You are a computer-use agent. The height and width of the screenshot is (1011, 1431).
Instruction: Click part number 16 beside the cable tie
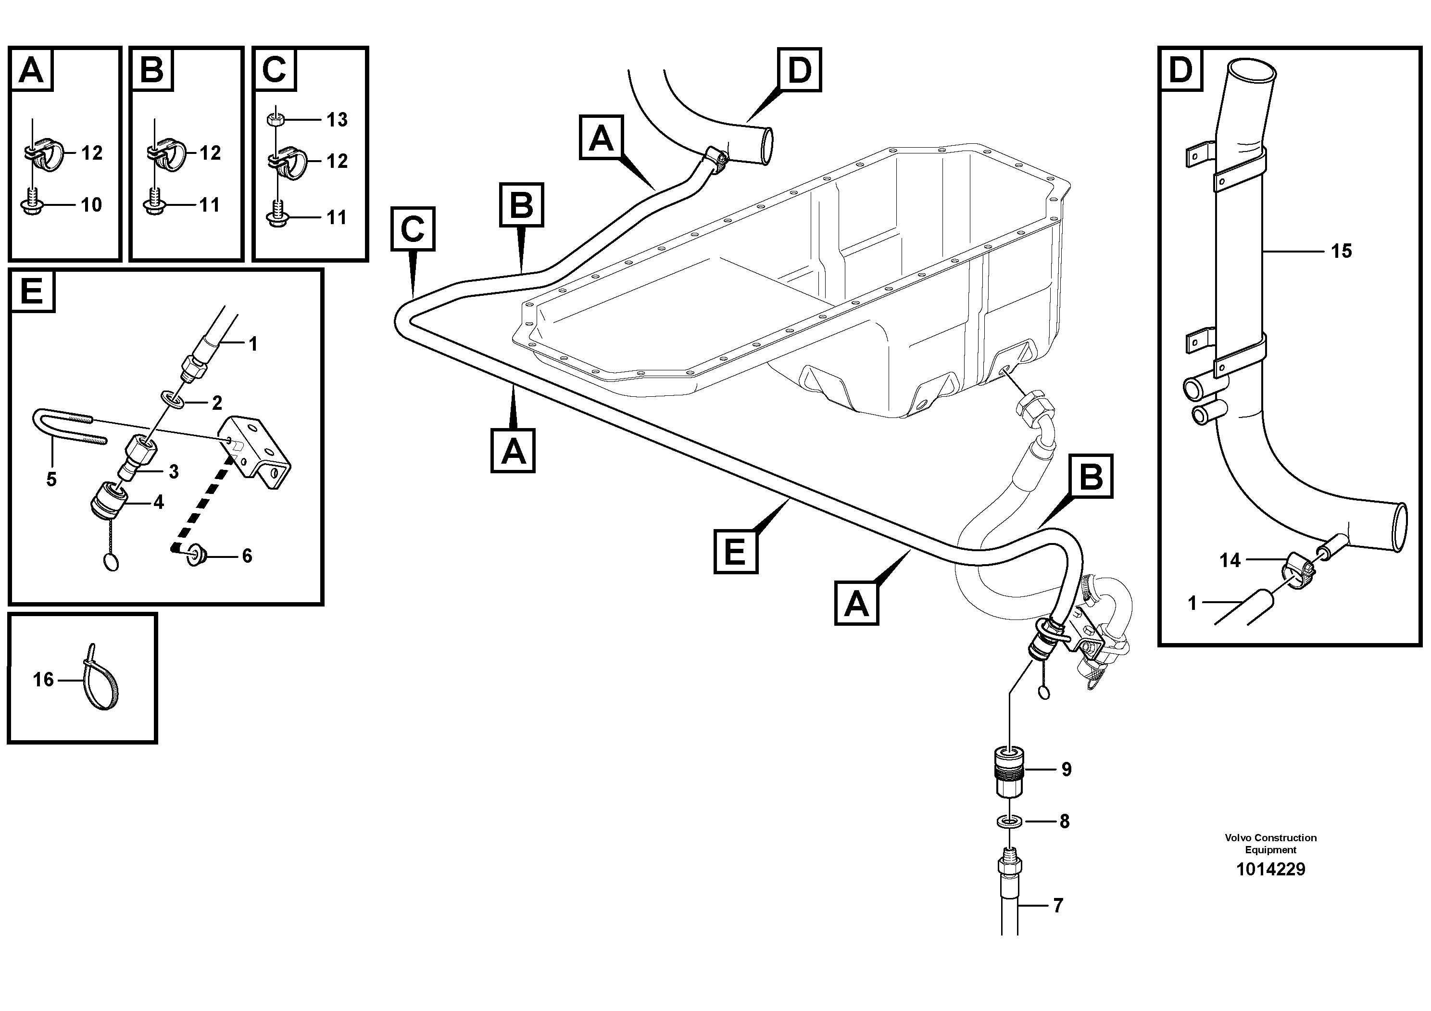click(x=43, y=680)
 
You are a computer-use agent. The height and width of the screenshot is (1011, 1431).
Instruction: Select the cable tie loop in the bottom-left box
click(x=103, y=682)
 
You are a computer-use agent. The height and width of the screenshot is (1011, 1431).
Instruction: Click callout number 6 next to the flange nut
click(x=247, y=556)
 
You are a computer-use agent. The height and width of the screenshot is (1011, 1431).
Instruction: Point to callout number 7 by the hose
click(x=1058, y=906)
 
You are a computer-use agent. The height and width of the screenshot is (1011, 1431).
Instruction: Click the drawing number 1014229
click(x=1270, y=869)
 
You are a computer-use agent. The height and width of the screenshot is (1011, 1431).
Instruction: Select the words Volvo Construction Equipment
click(x=1270, y=843)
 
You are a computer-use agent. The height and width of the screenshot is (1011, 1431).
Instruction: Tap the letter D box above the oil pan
click(x=800, y=70)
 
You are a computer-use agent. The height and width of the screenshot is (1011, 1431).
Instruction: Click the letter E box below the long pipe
click(x=735, y=551)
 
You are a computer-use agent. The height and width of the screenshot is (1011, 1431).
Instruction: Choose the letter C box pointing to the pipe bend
click(x=413, y=229)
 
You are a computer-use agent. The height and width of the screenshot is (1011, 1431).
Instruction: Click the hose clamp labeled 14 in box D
click(x=1295, y=569)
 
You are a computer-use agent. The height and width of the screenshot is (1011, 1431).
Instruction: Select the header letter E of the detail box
click(x=32, y=291)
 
